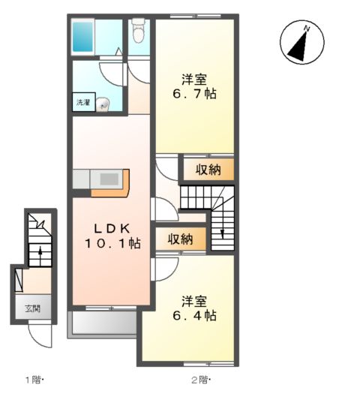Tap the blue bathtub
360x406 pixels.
click(x=83, y=35)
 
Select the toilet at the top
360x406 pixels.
click(x=138, y=32)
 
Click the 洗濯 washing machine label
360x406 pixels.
click(x=82, y=103)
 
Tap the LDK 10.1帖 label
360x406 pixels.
click(x=112, y=235)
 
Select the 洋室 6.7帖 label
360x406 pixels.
click(x=194, y=87)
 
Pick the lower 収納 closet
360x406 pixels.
click(x=180, y=239)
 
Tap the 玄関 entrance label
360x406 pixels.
click(x=32, y=308)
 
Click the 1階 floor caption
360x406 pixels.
click(x=34, y=380)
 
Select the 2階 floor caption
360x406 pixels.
click(x=200, y=380)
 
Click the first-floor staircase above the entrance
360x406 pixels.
click(x=38, y=240)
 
